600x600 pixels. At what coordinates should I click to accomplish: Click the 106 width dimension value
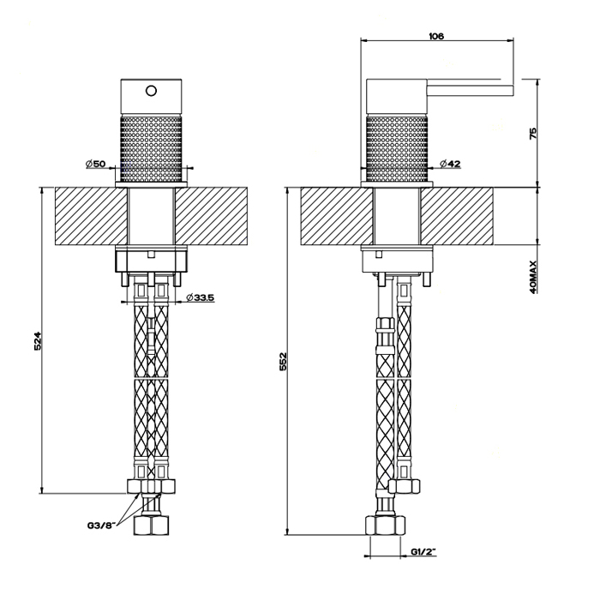pos(436,35)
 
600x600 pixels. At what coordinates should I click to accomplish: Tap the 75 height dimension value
pos(532,134)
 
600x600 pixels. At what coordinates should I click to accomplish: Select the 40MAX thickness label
pos(532,277)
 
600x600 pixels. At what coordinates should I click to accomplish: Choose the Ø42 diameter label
pos(451,164)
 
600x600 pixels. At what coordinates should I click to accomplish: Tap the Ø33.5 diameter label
pos(199,297)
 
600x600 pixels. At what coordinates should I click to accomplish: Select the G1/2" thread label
pos(425,551)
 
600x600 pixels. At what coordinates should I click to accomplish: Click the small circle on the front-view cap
pos(152,90)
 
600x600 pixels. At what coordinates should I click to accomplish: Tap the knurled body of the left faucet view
pos(152,146)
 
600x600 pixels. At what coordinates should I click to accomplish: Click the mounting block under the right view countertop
pos(396,258)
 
